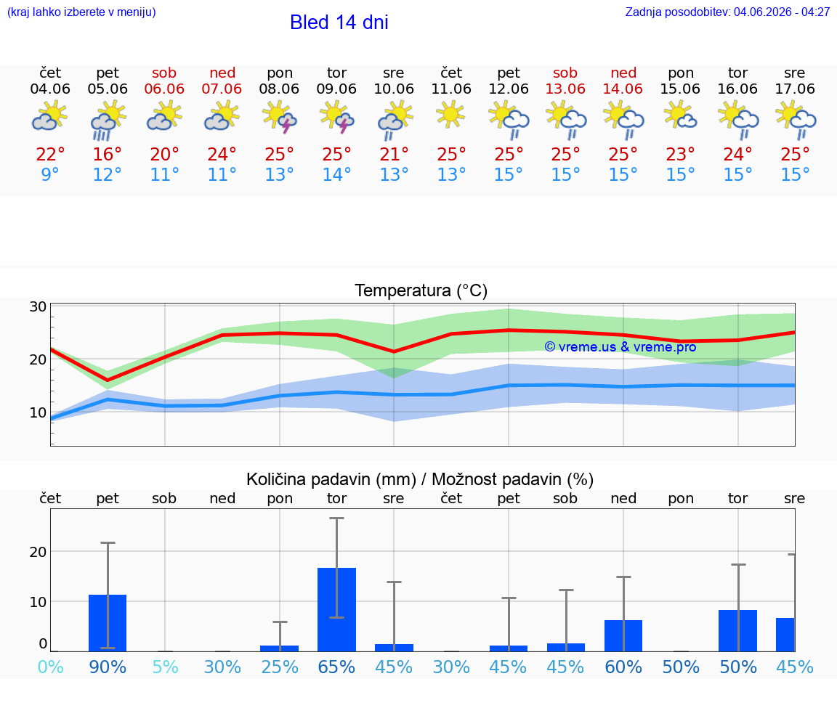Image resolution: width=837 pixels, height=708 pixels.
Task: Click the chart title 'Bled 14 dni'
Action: tap(339, 23)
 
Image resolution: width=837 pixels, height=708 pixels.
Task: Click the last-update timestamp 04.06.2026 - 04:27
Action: tap(782, 12)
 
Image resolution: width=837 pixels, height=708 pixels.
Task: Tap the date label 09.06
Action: tap(336, 89)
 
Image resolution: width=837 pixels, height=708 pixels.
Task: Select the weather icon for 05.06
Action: tap(108, 121)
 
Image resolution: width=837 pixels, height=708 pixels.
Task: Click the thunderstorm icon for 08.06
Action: tap(280, 118)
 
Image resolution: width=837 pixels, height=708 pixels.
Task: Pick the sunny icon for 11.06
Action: tap(451, 115)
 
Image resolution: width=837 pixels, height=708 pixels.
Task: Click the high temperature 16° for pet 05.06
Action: tap(108, 154)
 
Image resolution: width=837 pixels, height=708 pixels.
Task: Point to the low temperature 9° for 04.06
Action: tap(50, 174)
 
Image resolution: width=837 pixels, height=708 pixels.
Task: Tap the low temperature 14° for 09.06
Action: tap(337, 174)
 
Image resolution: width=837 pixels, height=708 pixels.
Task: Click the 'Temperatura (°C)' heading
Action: tap(421, 290)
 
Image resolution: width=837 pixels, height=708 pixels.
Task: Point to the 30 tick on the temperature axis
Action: tap(38, 306)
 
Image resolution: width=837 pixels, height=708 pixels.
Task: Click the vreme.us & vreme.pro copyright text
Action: tap(620, 347)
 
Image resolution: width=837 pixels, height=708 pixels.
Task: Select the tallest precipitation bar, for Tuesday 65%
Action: tap(337, 610)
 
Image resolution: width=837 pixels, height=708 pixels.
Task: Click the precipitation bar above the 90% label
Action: tap(108, 623)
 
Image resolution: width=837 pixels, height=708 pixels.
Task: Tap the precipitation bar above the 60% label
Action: tap(623, 636)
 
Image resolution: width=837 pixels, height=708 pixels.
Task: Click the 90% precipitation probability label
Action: tap(108, 667)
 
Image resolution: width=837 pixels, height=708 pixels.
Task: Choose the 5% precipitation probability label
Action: tap(165, 667)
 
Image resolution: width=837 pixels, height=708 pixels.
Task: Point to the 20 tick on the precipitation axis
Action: tap(38, 552)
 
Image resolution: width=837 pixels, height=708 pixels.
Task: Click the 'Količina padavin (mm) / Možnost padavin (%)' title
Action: tap(420, 479)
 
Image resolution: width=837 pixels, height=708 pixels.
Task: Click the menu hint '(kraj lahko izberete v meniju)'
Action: tap(81, 12)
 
